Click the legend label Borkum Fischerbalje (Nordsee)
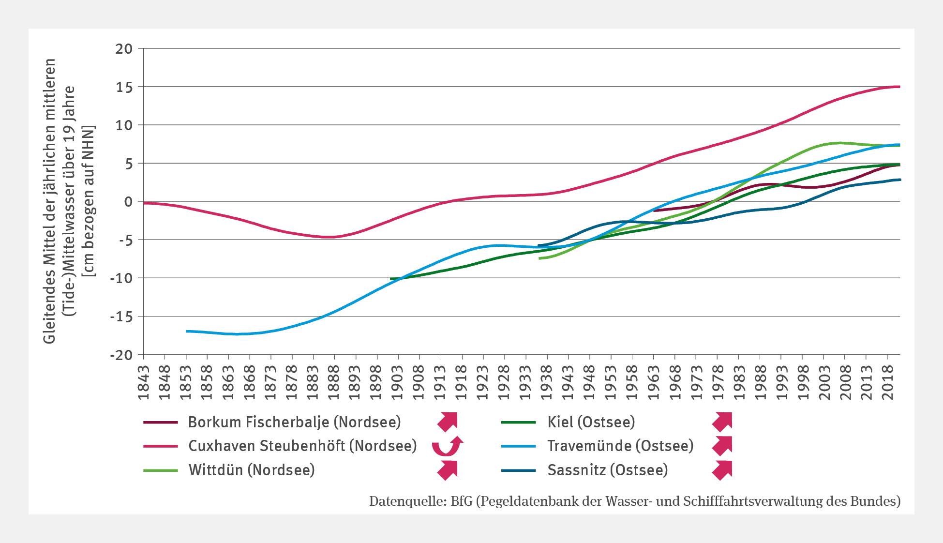point(294,422)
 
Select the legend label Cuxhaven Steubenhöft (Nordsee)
point(302,446)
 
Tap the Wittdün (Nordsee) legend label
point(252,470)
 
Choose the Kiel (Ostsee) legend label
point(591,422)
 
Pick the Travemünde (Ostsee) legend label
point(620,446)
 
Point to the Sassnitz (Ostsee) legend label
point(607,470)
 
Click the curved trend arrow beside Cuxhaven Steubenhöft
point(447,446)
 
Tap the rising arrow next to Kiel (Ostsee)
point(722,422)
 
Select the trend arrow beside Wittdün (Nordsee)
point(448,470)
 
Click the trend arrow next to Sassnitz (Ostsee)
point(722,470)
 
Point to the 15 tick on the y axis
point(124,87)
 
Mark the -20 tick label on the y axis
point(121,355)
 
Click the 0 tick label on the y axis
point(128,202)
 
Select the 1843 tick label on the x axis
point(144,383)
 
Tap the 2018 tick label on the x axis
point(888,383)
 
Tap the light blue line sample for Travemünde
point(518,446)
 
